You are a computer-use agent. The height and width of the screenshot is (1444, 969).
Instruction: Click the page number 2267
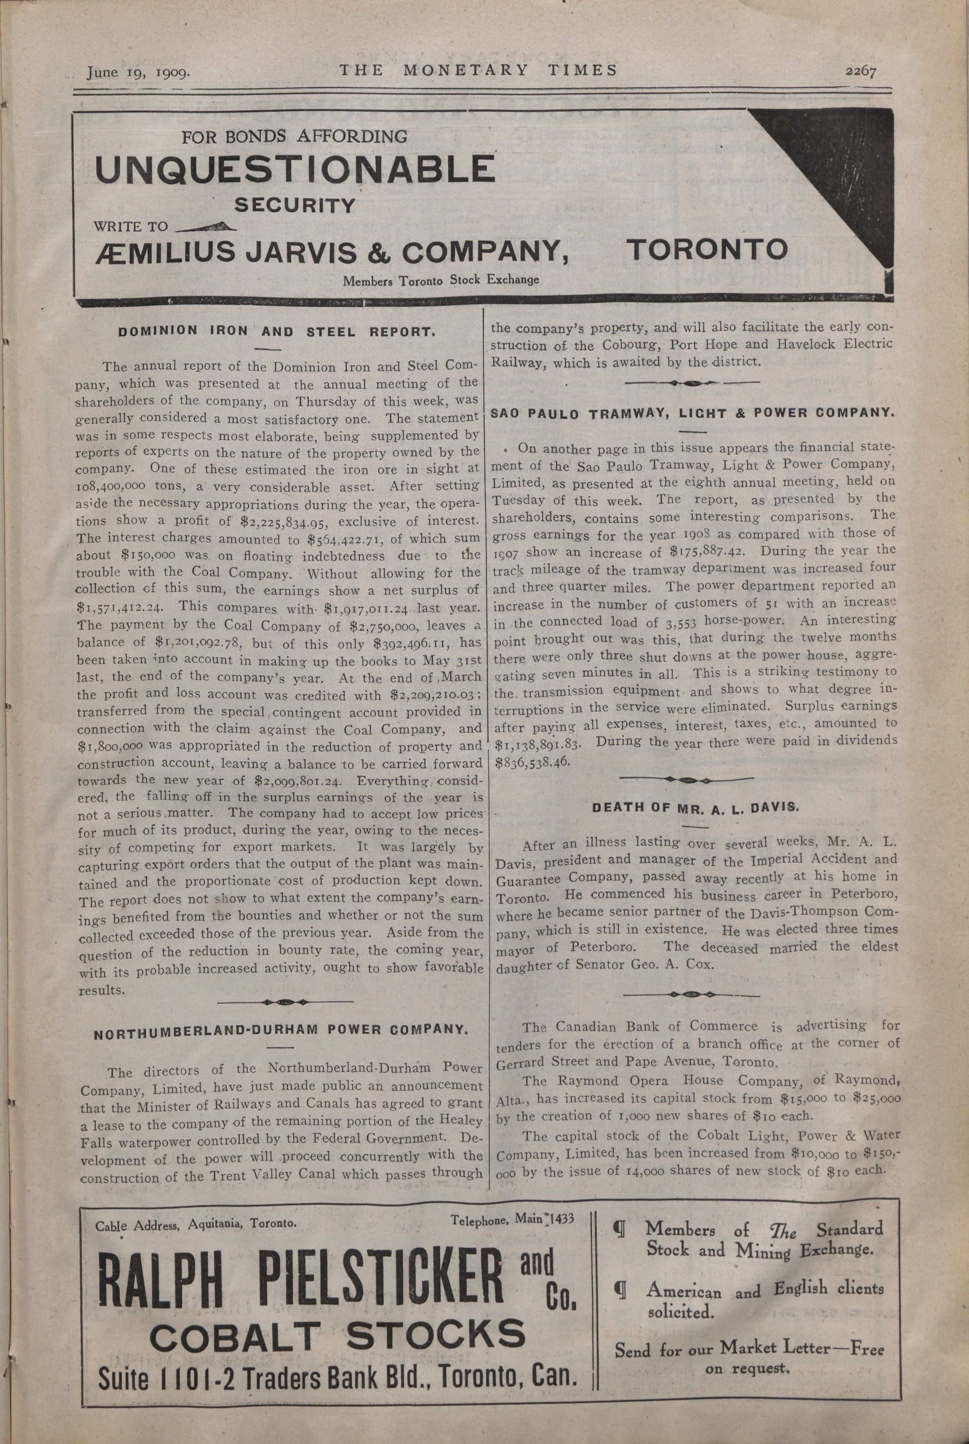pyautogui.click(x=861, y=72)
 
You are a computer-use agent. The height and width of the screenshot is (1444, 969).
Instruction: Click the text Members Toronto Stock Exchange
pyautogui.click(x=441, y=280)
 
